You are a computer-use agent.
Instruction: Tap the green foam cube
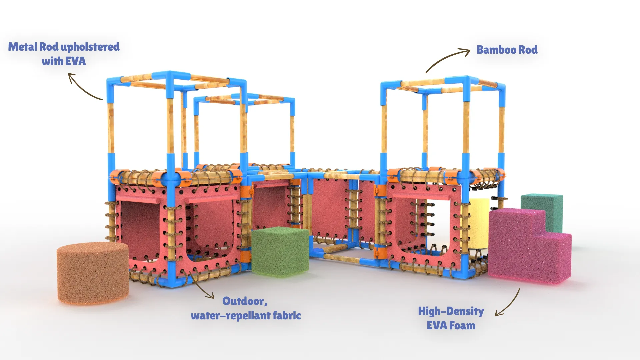coord(280,252)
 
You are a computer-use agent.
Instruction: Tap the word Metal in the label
coord(23,47)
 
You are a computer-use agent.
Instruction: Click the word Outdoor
coord(244,301)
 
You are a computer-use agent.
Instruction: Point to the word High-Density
coord(451,311)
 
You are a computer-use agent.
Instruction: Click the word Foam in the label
coord(462,326)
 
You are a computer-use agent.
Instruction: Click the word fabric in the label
coord(287,316)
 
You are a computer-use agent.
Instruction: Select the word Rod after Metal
coord(49,47)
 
